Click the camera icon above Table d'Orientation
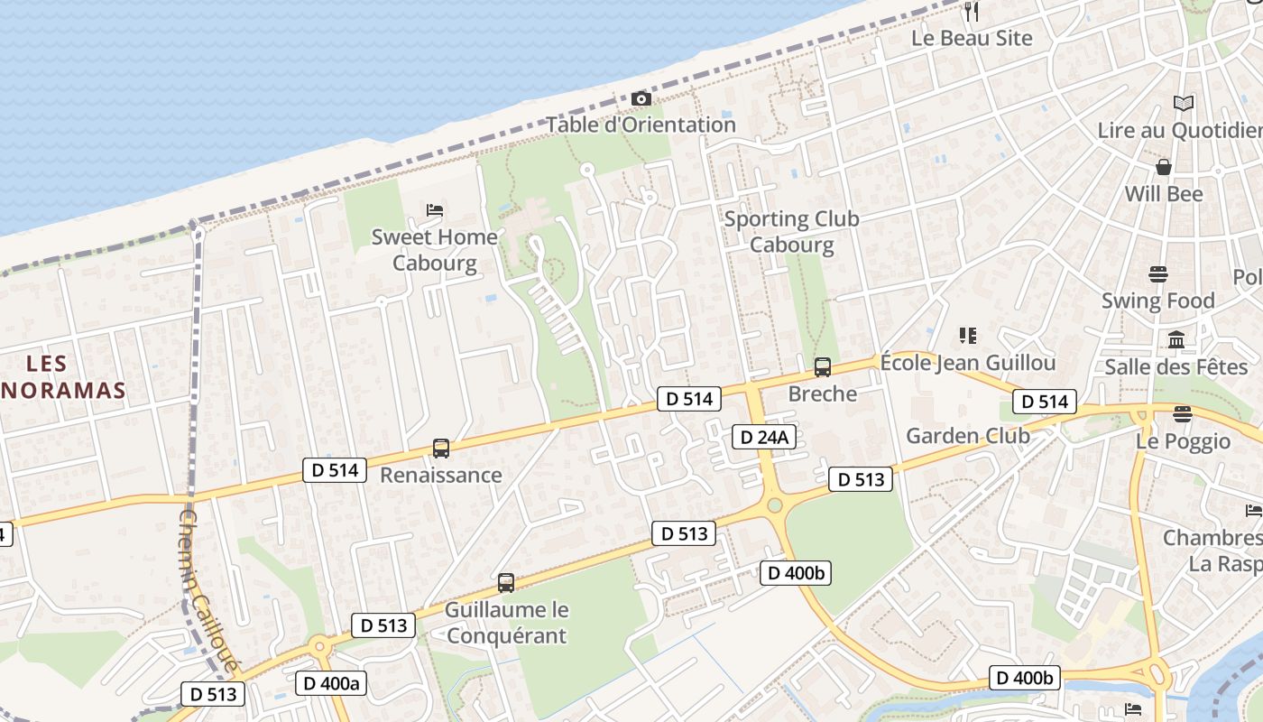(x=641, y=98)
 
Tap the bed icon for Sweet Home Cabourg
(x=435, y=210)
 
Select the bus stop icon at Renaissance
(x=440, y=449)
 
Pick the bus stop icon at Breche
(x=823, y=367)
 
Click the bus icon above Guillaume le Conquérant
(x=506, y=583)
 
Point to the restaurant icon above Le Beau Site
(x=972, y=12)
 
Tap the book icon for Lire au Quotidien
(x=1184, y=104)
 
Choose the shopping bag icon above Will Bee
(x=1164, y=167)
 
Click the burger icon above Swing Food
(x=1158, y=273)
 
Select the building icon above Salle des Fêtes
(x=1176, y=340)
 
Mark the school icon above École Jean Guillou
(x=968, y=337)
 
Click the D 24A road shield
(x=763, y=438)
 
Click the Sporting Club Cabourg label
(x=792, y=232)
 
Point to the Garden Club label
(x=968, y=436)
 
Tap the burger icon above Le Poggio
(x=1183, y=414)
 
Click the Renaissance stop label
(x=441, y=475)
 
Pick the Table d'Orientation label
(x=641, y=125)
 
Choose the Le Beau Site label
(x=972, y=38)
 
